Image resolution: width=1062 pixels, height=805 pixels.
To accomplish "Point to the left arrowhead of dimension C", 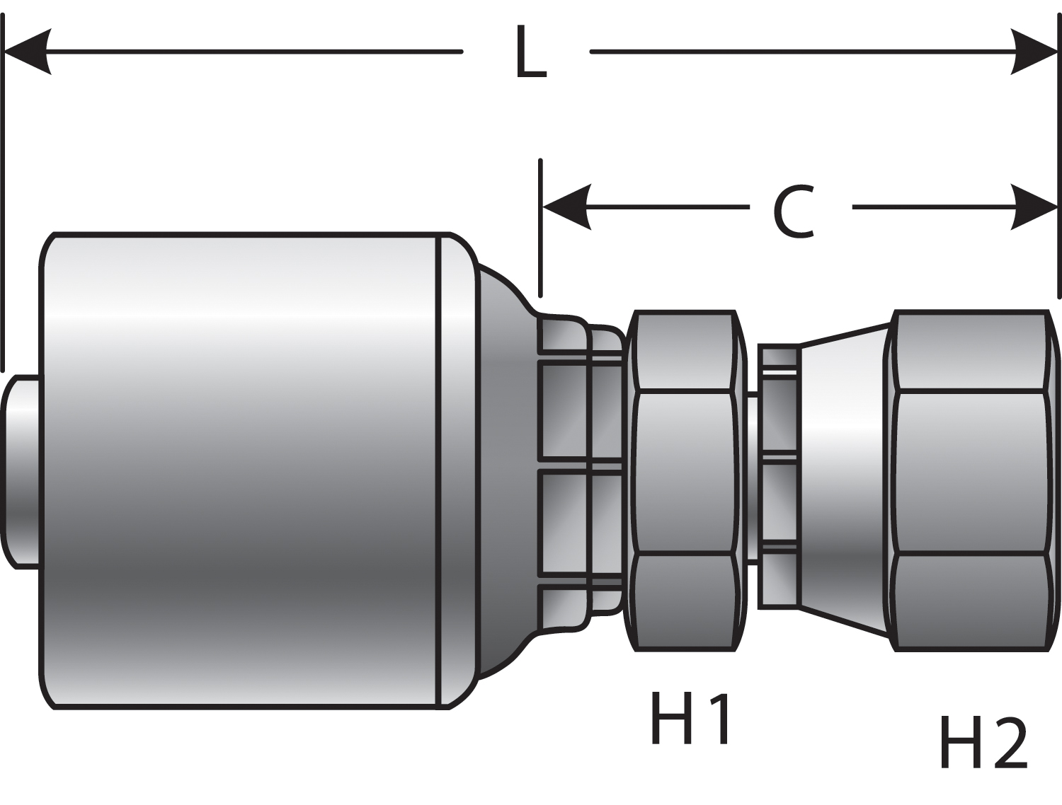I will click(566, 207).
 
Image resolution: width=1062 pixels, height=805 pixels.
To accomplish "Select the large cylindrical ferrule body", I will click(241, 470).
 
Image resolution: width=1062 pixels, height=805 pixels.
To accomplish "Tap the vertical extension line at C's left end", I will click(540, 226).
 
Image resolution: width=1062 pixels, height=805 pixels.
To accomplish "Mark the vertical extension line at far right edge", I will click(1059, 177).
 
